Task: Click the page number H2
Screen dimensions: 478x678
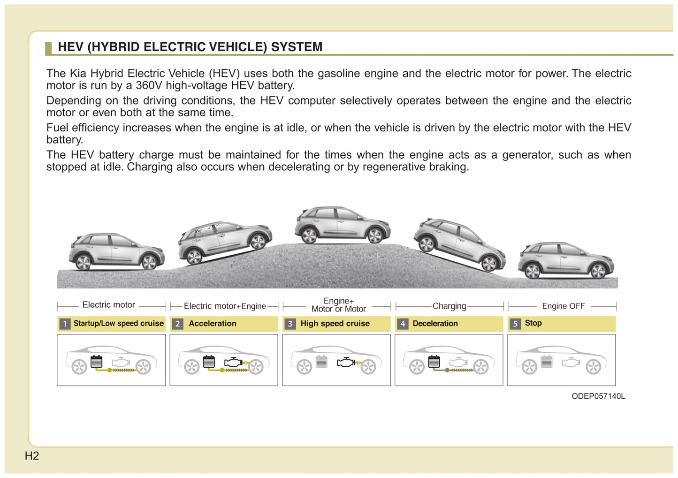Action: click(x=32, y=455)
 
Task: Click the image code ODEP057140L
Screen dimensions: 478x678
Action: click(x=598, y=396)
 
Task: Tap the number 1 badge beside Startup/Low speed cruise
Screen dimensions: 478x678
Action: click(x=65, y=324)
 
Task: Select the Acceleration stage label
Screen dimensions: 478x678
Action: click(x=213, y=324)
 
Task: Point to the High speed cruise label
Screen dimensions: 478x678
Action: click(x=335, y=324)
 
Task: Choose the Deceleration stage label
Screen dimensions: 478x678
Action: click(x=435, y=324)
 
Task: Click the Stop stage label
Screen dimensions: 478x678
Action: click(x=533, y=323)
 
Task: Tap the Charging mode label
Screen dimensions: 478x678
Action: click(x=449, y=306)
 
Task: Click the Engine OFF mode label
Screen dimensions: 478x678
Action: click(x=563, y=306)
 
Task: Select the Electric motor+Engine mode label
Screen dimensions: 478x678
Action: click(x=225, y=306)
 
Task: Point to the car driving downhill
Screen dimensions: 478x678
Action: click(x=459, y=244)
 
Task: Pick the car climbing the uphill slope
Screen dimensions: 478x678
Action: click(x=224, y=242)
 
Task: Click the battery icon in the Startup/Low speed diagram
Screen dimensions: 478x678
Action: click(x=96, y=362)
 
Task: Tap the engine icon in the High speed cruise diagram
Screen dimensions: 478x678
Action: click(x=346, y=362)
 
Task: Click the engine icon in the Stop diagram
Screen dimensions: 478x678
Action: click(x=571, y=362)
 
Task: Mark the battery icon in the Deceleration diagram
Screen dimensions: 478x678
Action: click(x=434, y=362)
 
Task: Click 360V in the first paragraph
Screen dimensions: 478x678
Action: click(x=148, y=85)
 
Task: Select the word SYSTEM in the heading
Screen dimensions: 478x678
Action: click(x=297, y=47)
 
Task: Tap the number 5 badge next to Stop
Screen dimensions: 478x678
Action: click(x=515, y=324)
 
